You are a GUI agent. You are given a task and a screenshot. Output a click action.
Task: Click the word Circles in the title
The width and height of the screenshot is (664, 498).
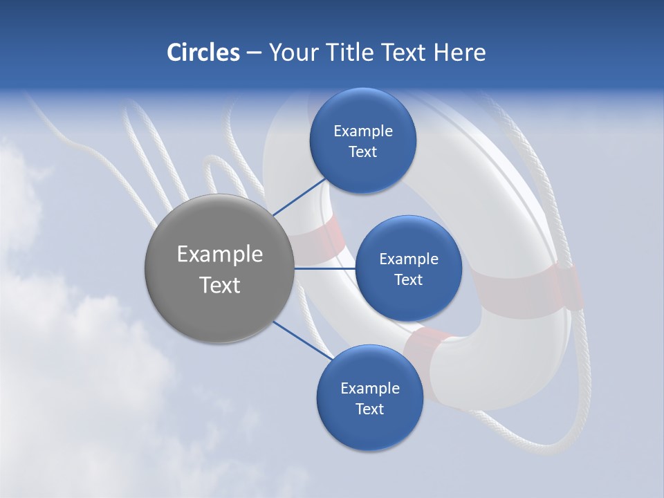(x=203, y=53)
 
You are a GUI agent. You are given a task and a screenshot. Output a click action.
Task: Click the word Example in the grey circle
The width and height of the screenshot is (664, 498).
(x=219, y=255)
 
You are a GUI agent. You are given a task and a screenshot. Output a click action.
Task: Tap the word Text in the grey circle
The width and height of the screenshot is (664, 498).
(x=219, y=285)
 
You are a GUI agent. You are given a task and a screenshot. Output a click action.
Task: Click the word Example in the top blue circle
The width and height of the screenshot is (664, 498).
(x=362, y=131)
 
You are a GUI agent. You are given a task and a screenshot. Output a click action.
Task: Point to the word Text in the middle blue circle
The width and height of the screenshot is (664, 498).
(x=408, y=279)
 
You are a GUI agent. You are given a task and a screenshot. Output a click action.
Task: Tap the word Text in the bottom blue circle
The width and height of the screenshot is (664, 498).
(x=369, y=409)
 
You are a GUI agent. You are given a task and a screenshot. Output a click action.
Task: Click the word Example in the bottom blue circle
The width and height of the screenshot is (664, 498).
(x=369, y=388)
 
